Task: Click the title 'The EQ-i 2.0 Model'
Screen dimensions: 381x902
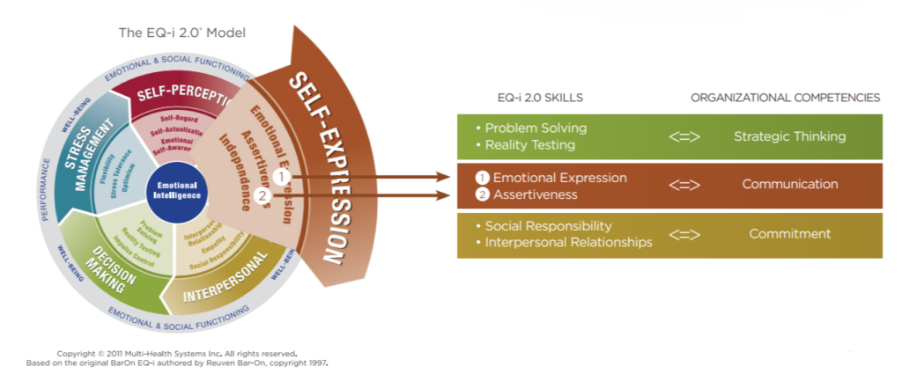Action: (182, 33)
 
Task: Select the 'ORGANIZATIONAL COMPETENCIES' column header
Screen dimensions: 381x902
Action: (785, 98)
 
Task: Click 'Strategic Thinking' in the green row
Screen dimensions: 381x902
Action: (789, 136)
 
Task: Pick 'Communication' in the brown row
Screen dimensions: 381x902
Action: (789, 185)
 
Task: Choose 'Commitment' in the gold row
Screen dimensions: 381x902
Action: (789, 234)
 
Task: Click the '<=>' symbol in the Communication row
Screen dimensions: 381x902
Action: (684, 185)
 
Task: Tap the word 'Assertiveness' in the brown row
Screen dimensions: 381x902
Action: (535, 194)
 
